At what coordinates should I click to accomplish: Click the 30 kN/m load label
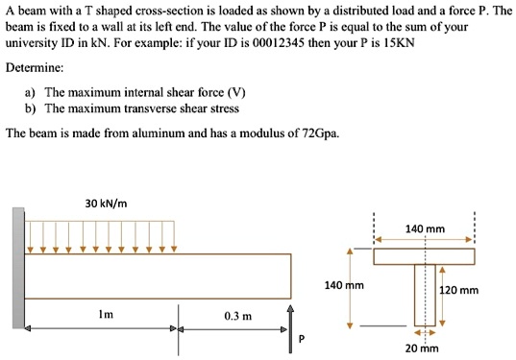(x=107, y=203)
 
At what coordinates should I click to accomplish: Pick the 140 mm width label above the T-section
(x=425, y=228)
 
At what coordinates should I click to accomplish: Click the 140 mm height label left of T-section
(x=344, y=285)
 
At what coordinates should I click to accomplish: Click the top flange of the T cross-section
(x=424, y=256)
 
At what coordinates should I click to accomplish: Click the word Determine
(x=36, y=68)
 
